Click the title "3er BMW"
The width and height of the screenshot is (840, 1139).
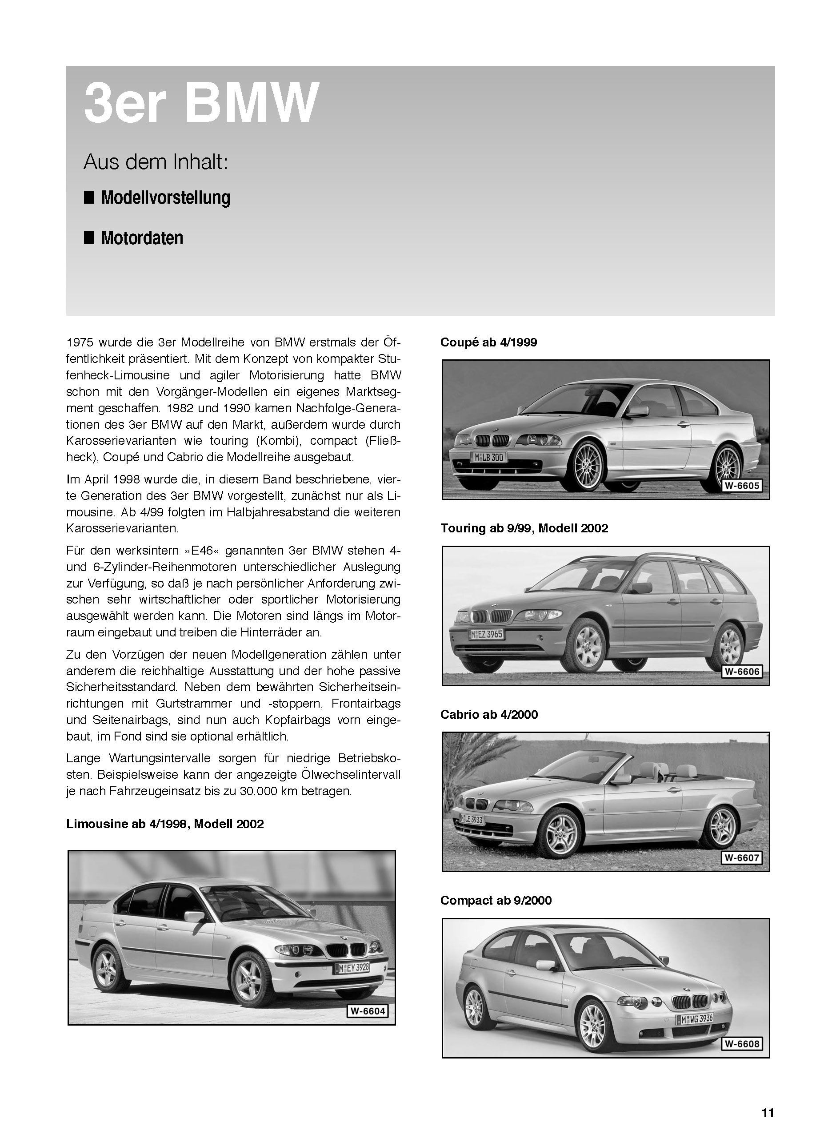(x=201, y=103)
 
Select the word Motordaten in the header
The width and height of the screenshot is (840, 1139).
(x=142, y=238)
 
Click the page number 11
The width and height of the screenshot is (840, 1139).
(x=767, y=1113)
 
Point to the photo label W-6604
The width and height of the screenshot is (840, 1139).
(x=367, y=1011)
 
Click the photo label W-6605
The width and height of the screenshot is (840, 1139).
(x=742, y=486)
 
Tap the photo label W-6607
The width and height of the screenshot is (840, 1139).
(x=742, y=857)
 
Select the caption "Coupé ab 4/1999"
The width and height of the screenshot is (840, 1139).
(x=488, y=342)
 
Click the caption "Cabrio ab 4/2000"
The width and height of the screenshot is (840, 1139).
(x=488, y=714)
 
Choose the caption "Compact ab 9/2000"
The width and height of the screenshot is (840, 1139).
(x=496, y=901)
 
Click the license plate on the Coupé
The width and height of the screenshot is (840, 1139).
(x=488, y=457)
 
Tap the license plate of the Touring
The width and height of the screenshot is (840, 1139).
(x=487, y=634)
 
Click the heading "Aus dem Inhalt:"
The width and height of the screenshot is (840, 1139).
(x=156, y=162)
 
